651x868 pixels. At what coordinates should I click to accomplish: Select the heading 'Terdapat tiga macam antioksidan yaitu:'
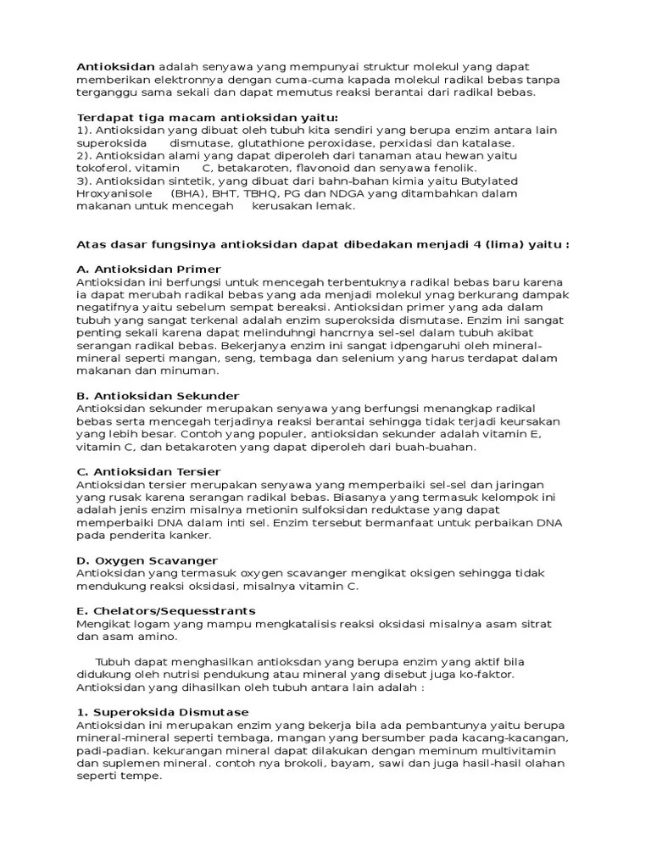[x=208, y=117]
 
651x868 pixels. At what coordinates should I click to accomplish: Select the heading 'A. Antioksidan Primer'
[x=148, y=269]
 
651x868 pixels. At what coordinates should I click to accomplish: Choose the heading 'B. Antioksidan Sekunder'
[x=158, y=396]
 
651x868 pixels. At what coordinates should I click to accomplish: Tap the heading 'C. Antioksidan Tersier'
[x=148, y=471]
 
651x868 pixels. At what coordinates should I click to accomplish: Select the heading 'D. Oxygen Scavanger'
[x=147, y=560]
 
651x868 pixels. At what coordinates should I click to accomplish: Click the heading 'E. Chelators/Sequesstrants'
[x=165, y=610]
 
